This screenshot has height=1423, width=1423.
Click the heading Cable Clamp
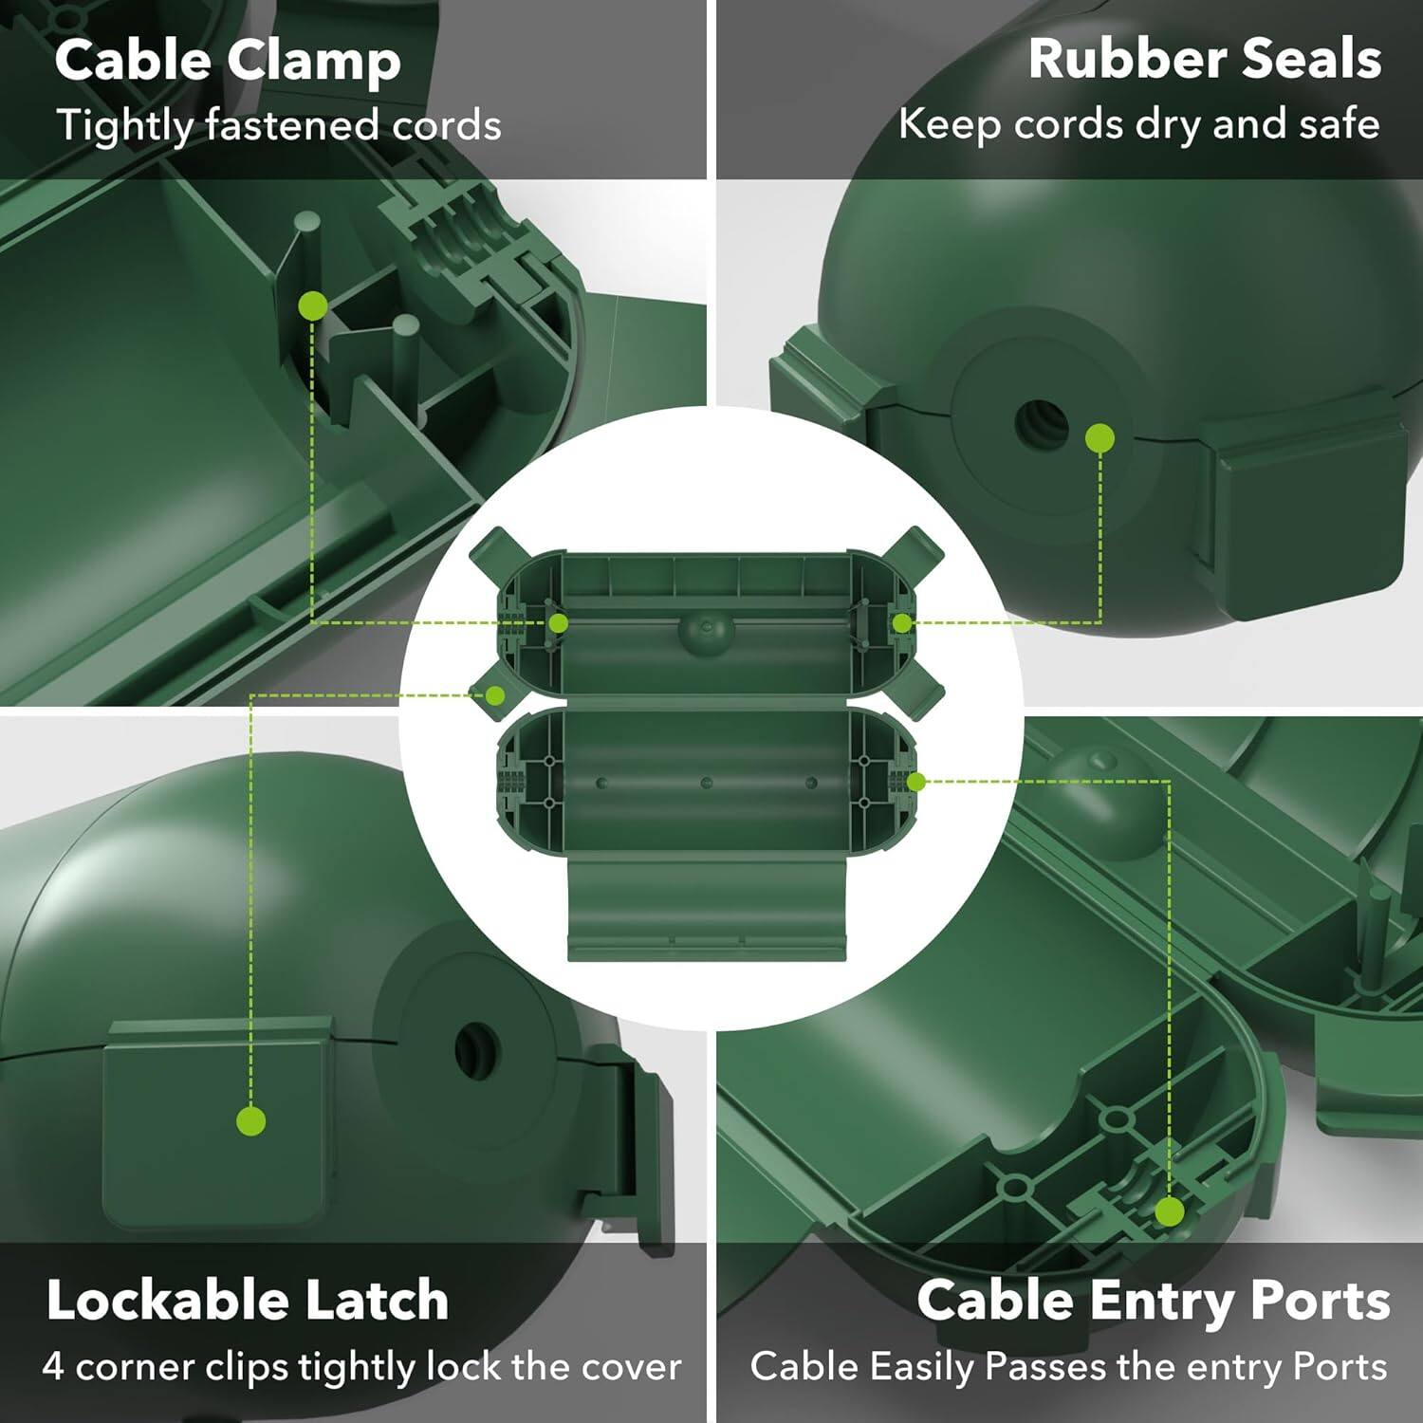(x=228, y=61)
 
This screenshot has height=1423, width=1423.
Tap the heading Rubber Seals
(x=1204, y=59)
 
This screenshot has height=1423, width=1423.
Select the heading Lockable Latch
(x=248, y=1300)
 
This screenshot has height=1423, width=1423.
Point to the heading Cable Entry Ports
(x=1153, y=1300)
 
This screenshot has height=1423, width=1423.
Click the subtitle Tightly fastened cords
(x=278, y=125)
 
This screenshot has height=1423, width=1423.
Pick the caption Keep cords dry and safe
(x=1138, y=124)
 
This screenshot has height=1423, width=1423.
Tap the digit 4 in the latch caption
(x=53, y=1367)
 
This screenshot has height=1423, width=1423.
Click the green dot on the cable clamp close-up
(x=313, y=306)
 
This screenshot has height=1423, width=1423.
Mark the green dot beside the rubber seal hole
(x=1100, y=438)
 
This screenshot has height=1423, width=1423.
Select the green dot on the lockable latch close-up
(x=250, y=1121)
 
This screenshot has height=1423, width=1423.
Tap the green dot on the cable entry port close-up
(x=1170, y=1211)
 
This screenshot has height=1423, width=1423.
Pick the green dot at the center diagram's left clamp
(x=559, y=623)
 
